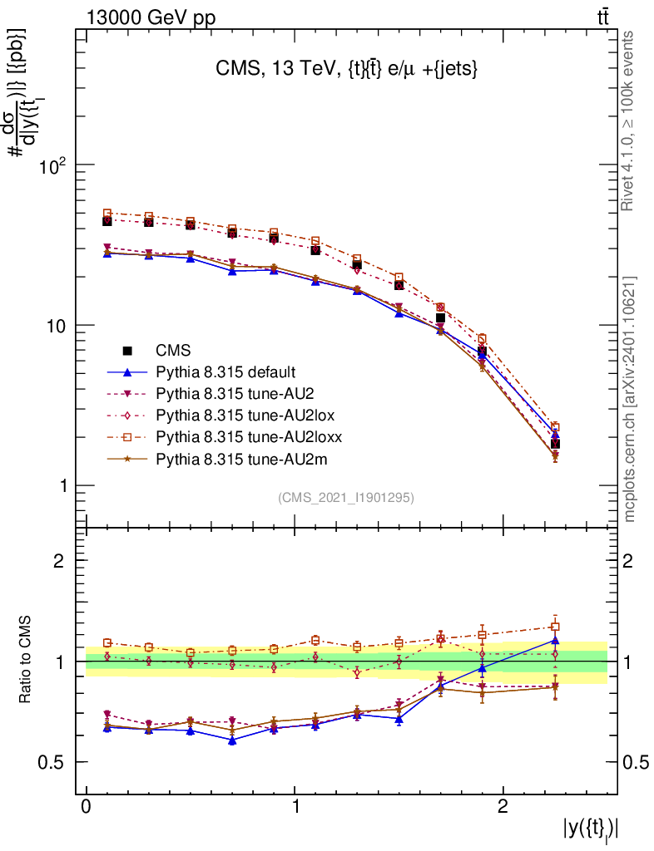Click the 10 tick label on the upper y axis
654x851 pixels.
pyautogui.click(x=56, y=325)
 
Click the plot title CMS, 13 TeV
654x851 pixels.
pyautogui.click(x=346, y=71)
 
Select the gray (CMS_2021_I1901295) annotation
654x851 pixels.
pyautogui.click(x=346, y=497)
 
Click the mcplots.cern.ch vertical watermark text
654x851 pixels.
pyautogui.click(x=630, y=399)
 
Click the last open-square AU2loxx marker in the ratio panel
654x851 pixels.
pyautogui.click(x=556, y=627)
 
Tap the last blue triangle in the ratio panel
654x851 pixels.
pyautogui.click(x=556, y=640)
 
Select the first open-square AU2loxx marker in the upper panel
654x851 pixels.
pyautogui.click(x=107, y=214)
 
